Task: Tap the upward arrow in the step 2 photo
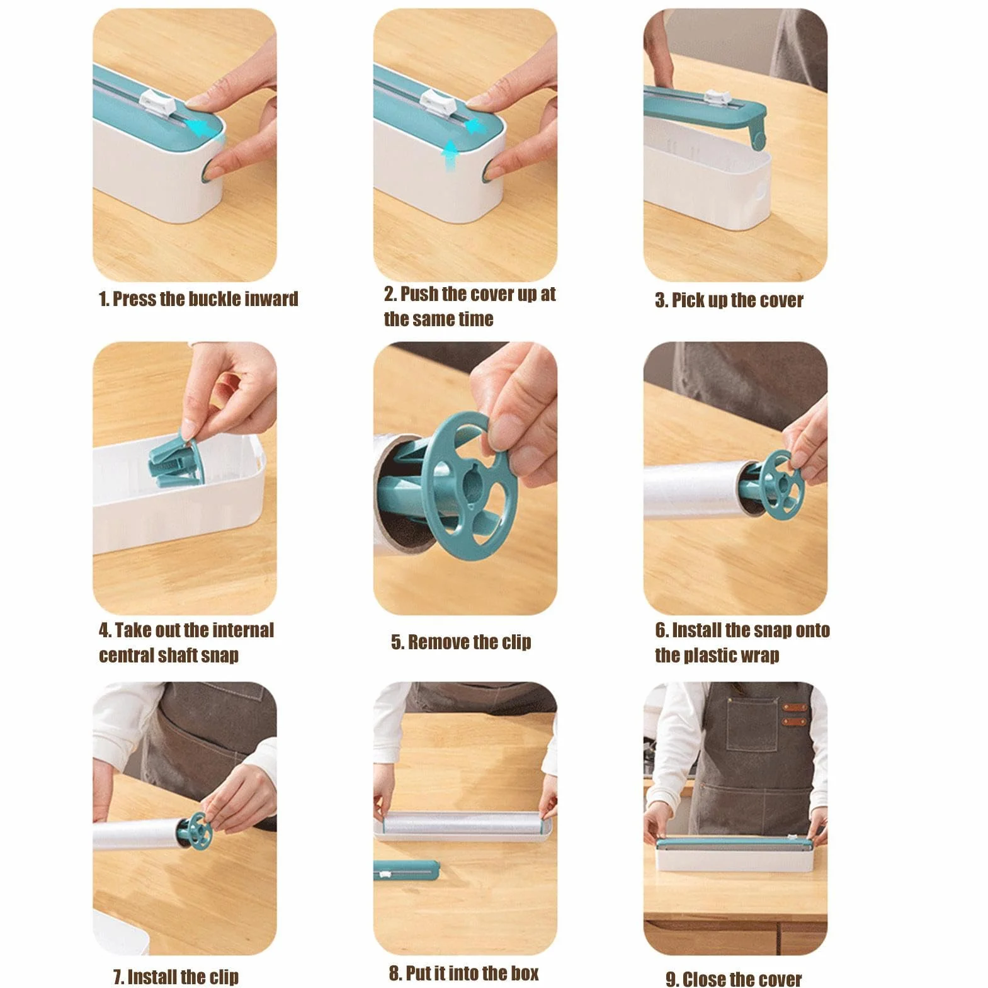pos(450,156)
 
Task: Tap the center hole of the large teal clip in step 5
pos(469,483)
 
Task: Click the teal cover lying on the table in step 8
pos(406,871)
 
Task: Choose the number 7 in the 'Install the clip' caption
pos(118,977)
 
